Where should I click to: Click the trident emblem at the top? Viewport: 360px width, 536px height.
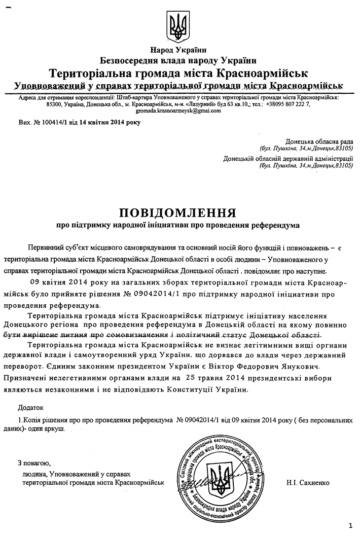pos(178,23)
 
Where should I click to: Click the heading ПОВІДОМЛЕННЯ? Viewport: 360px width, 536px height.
pos(178,210)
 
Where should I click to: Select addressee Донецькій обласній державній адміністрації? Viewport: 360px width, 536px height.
pos(288,159)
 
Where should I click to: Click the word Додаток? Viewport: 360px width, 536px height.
pos(30,407)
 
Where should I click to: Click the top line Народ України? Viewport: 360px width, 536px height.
pos(178,50)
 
